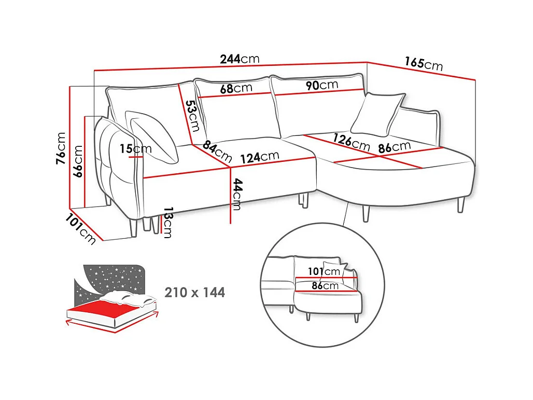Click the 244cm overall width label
tap(240, 59)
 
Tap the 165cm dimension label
tap(424, 64)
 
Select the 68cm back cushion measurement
tap(236, 88)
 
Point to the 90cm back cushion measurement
tap(322, 85)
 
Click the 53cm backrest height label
tap(193, 116)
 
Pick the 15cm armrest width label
tap(136, 149)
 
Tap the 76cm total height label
tap(61, 148)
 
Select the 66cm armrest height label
tap(78, 161)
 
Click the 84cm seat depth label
tap(217, 152)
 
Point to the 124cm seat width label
tap(260, 157)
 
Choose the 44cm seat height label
tap(237, 194)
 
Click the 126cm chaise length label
tap(352, 142)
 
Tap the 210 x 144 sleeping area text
tap(195, 293)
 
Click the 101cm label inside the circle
tap(324, 271)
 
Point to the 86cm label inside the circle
tap(325, 286)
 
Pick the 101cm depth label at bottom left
tap(80, 229)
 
